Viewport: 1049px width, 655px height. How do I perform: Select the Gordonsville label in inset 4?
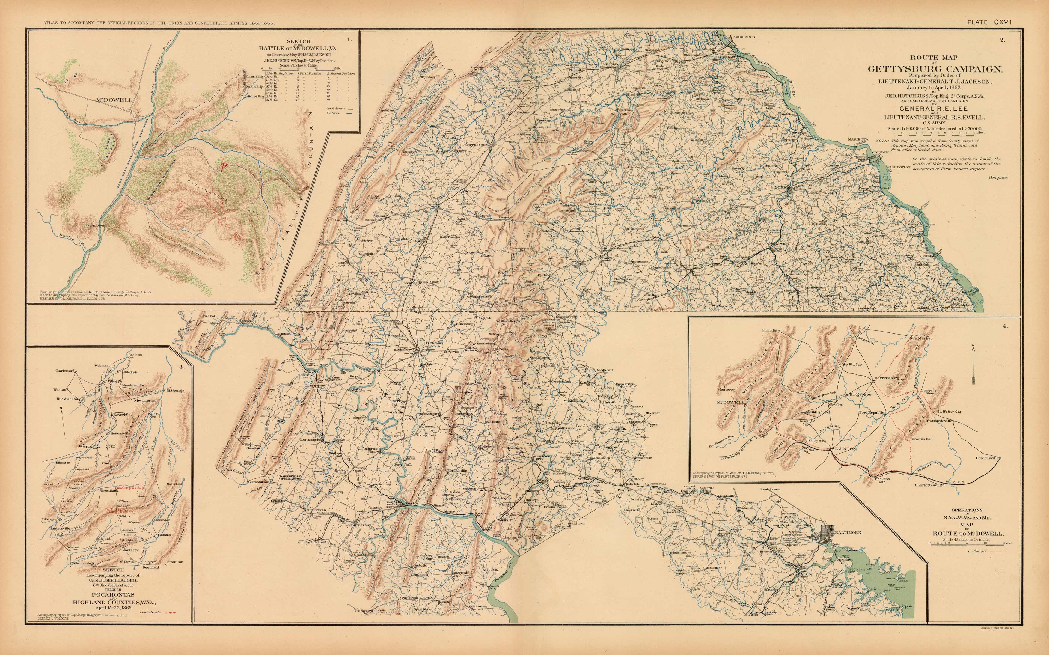985,458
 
